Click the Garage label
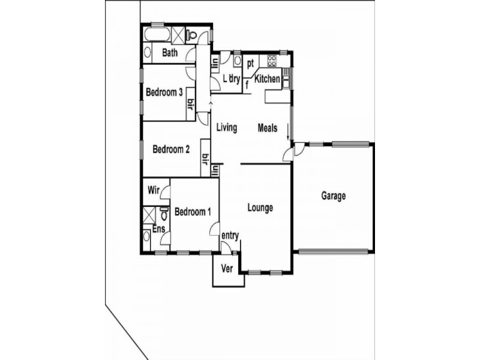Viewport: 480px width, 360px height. coord(333,196)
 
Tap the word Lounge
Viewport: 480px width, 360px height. coord(260,208)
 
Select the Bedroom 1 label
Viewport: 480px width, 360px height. coord(193,211)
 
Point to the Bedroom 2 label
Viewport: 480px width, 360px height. coord(171,149)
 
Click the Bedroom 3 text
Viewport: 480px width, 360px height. coord(164,92)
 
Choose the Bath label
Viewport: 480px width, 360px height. coord(170,53)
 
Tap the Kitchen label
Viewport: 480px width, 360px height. coord(267,79)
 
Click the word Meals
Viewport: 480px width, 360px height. coord(268,128)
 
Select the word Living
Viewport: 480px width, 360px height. coord(227,128)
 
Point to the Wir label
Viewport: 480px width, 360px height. coord(154,192)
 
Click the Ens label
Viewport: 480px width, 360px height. coord(158,229)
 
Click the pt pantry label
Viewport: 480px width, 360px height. coord(251,62)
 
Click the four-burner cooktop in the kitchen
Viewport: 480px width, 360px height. coord(272,60)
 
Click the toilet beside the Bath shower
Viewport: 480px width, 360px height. coord(192,34)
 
